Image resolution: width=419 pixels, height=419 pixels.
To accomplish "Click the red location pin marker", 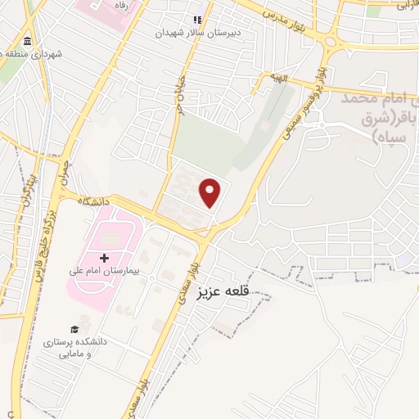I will (x=211, y=192).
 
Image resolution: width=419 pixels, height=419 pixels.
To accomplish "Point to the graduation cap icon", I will (x=75, y=328).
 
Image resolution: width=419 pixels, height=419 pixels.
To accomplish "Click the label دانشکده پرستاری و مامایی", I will (x=100, y=346).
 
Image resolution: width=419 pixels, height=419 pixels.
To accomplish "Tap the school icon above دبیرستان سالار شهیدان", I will (x=196, y=20).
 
